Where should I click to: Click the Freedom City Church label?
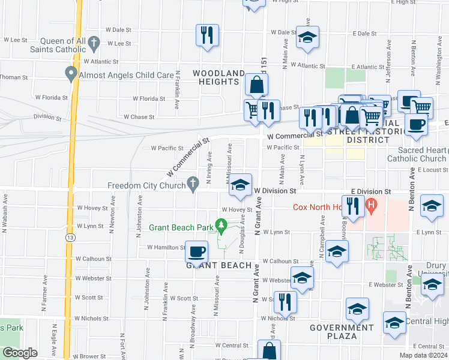[x=146, y=185]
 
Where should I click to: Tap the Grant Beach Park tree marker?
[x=221, y=226]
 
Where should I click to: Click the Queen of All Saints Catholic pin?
[x=94, y=43]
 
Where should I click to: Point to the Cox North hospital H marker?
[x=372, y=206]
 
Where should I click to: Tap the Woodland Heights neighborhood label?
[x=218, y=77]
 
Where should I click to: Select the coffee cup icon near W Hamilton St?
[x=196, y=251]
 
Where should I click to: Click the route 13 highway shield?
[x=71, y=238]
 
